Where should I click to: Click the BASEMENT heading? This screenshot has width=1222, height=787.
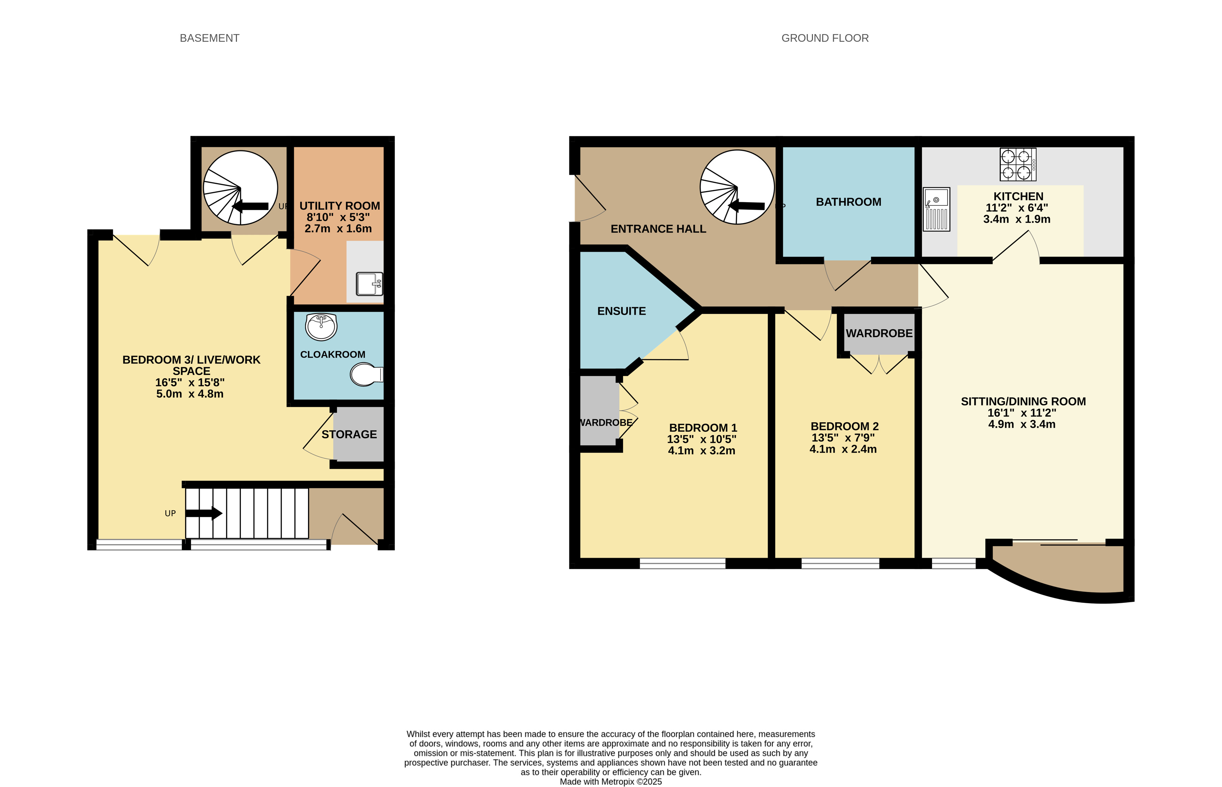pyautogui.click(x=209, y=38)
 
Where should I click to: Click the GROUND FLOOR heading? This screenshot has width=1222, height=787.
pyautogui.click(x=824, y=38)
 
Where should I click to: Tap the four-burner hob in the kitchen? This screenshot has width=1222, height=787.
pyautogui.click(x=1018, y=165)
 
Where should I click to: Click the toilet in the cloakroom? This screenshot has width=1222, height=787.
pyautogui.click(x=366, y=375)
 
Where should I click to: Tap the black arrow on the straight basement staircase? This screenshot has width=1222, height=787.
pyautogui.click(x=203, y=513)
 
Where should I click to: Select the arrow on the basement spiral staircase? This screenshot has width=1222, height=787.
pyautogui.click(x=250, y=206)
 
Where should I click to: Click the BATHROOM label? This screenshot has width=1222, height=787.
pyautogui.click(x=848, y=202)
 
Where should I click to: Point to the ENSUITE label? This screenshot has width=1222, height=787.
pyautogui.click(x=622, y=311)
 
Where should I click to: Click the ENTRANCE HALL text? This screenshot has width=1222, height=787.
pyautogui.click(x=658, y=229)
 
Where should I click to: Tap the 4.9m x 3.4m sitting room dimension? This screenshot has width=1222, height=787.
pyautogui.click(x=1022, y=424)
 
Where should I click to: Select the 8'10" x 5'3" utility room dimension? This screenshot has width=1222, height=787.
pyautogui.click(x=338, y=217)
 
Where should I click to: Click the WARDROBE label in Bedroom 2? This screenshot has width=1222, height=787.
pyautogui.click(x=879, y=333)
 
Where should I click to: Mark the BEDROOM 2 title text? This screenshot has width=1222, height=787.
pyautogui.click(x=845, y=426)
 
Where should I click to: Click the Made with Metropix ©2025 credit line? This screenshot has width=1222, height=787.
pyautogui.click(x=610, y=781)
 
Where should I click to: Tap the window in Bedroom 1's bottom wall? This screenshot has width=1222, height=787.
pyautogui.click(x=682, y=563)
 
